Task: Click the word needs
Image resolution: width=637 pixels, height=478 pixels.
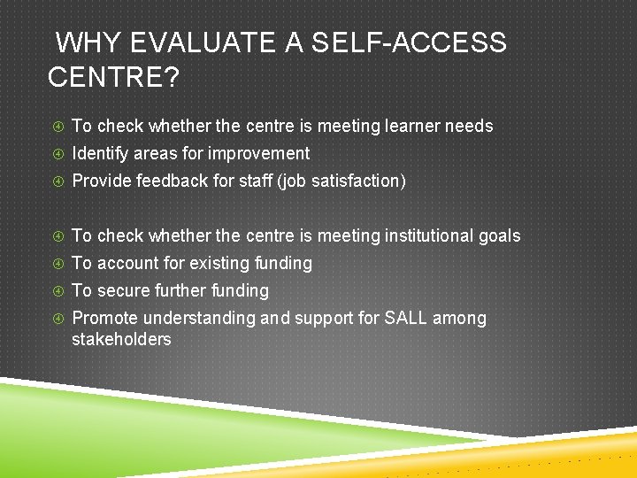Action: pos(470,127)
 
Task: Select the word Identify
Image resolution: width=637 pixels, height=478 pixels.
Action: pos(100,154)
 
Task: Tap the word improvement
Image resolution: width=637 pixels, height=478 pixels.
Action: pos(261,154)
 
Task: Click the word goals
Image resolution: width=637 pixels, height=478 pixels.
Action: pos(500,236)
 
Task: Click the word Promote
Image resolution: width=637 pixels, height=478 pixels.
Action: pos(104,319)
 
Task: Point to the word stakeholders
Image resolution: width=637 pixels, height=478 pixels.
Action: pos(121,340)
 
